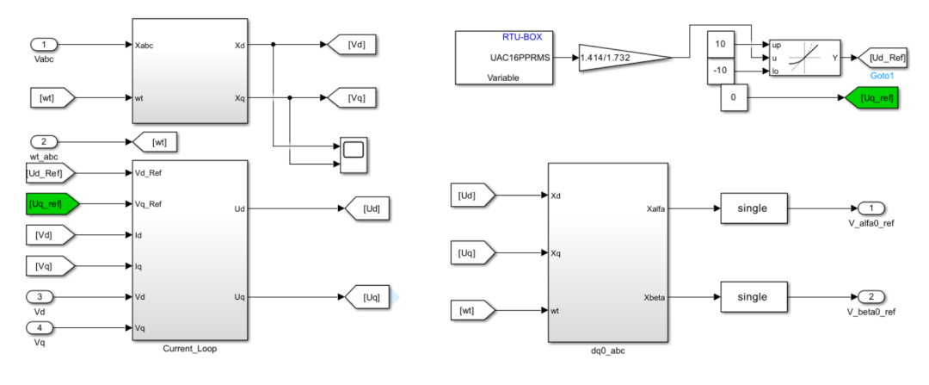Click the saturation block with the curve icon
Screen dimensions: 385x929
point(803,58)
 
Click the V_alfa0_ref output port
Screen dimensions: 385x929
point(871,208)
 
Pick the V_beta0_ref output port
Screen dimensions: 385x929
point(871,297)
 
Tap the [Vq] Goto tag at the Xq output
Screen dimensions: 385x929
point(348,97)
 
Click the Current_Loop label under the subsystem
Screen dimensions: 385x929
point(189,348)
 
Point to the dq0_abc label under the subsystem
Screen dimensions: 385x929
point(607,348)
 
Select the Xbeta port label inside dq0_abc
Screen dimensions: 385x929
point(651,297)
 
